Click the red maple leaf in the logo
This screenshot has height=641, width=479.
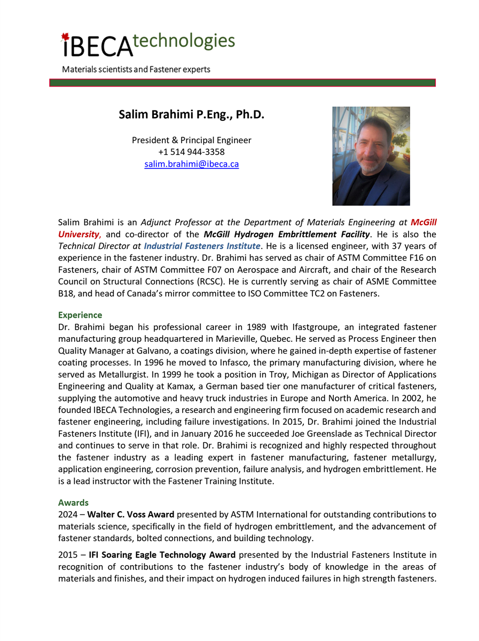click(65, 38)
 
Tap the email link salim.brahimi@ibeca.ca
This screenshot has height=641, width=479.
click(192, 165)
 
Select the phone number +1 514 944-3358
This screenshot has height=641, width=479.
click(192, 152)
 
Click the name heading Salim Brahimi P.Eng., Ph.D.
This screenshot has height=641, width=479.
click(192, 114)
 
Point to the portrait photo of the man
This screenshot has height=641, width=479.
click(371, 156)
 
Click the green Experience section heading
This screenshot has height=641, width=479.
click(80, 315)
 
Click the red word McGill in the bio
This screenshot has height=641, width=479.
click(423, 222)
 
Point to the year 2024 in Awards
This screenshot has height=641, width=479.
click(68, 515)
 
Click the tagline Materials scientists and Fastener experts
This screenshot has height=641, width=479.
click(136, 69)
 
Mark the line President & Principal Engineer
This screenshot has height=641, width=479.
click(192, 140)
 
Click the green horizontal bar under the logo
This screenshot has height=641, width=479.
click(242, 83)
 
